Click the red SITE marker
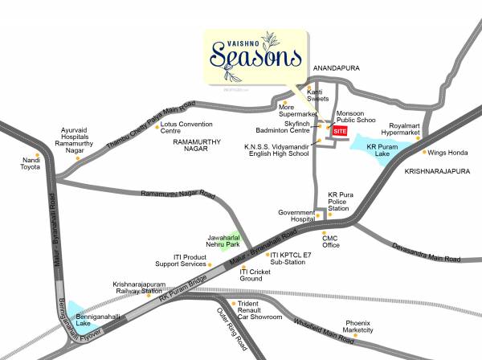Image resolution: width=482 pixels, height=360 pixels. (x=341, y=130)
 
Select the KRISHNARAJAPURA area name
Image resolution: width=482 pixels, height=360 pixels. (x=435, y=172)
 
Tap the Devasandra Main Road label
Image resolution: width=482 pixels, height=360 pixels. (x=426, y=252)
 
